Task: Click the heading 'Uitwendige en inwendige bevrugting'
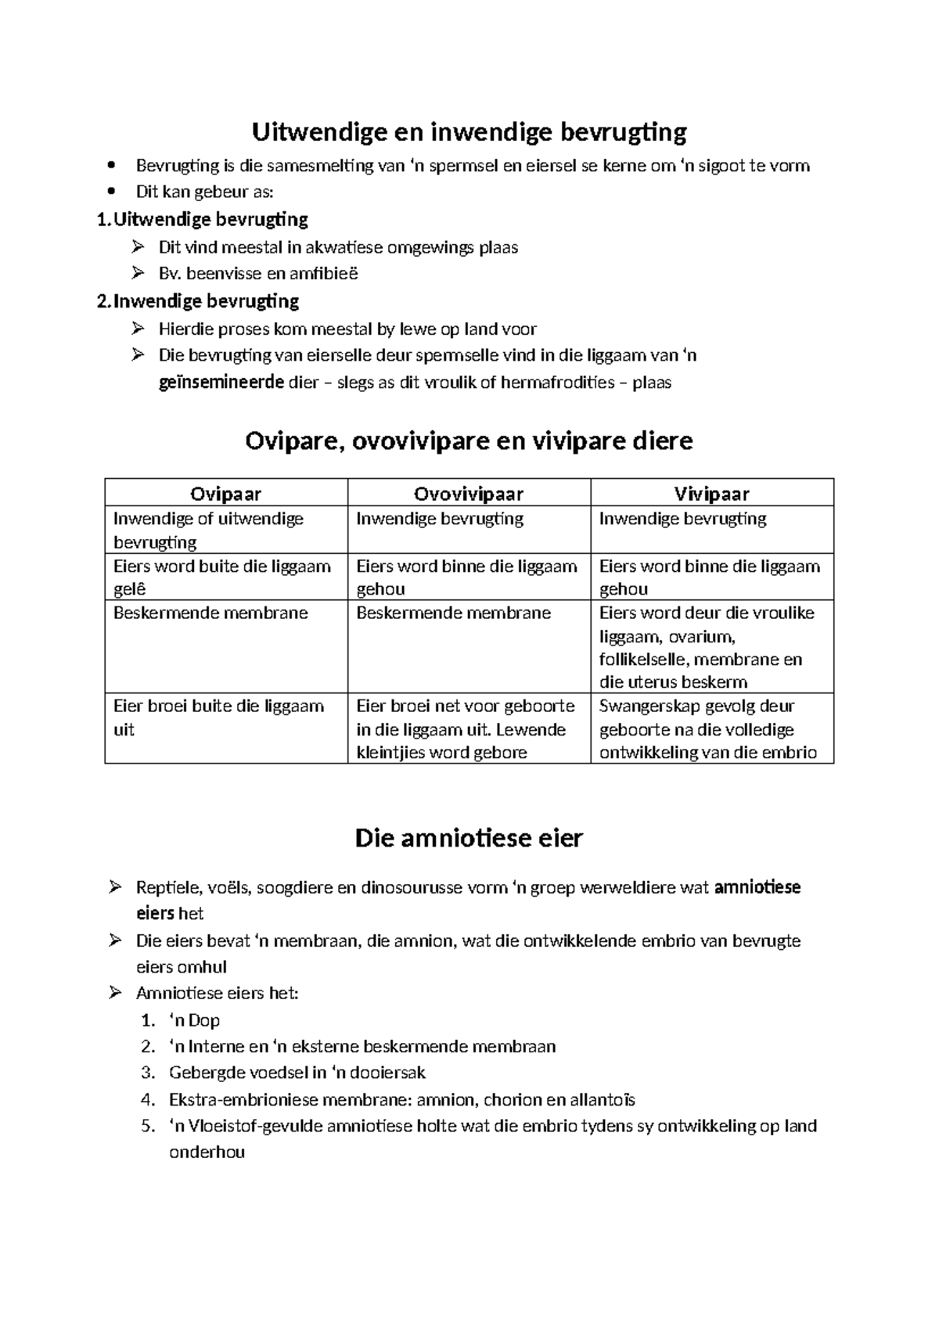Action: tap(469, 132)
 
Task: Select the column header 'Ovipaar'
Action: tap(225, 494)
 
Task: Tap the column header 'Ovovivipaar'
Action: tap(468, 494)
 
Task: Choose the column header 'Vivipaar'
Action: tap(711, 494)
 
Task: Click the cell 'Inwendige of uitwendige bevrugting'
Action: tap(225, 530)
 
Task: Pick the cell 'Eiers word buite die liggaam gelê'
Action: tap(225, 577)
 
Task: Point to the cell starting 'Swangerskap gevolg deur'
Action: tap(711, 728)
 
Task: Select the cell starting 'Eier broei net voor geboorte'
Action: tap(468, 728)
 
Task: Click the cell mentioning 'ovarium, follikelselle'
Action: tap(711, 646)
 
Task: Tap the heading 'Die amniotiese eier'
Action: tap(469, 839)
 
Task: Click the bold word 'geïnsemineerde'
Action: tap(221, 383)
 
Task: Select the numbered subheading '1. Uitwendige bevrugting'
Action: tap(202, 219)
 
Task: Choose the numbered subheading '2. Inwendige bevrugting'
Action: tap(197, 301)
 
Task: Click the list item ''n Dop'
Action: tap(194, 1020)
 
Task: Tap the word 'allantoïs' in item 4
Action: tap(602, 1099)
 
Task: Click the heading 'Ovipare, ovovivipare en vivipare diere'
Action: tap(469, 441)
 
